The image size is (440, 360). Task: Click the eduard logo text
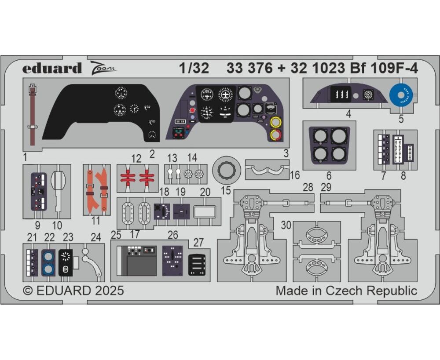coord(52,68)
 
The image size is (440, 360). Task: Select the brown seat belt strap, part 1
coord(33,115)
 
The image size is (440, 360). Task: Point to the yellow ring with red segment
coord(276,135)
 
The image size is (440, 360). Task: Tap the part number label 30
coord(286,225)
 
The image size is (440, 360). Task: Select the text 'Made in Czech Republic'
coord(346,291)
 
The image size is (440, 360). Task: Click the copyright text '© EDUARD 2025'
coord(73,291)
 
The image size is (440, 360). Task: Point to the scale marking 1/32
coord(194,68)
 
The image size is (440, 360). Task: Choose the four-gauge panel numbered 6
coord(329,145)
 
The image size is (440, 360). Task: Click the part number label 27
coord(198,243)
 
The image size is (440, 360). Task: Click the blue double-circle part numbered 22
coord(48,263)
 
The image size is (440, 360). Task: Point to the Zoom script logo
coord(103,68)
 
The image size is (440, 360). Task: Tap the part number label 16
coord(295,175)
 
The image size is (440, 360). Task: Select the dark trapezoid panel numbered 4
coord(348,94)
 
